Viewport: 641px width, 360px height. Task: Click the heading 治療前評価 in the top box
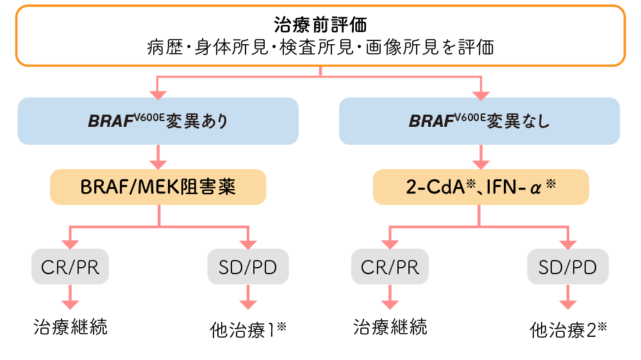coord(320,26)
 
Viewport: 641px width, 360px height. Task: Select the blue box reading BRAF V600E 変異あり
coord(158,120)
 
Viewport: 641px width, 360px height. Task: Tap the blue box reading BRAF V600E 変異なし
coord(479,120)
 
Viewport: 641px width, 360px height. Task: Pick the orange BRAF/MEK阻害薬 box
coord(158,186)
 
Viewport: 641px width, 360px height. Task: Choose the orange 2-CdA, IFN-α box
coord(481,186)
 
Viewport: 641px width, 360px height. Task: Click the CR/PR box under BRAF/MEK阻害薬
coord(70,266)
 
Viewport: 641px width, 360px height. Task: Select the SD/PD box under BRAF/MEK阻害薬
coord(247,266)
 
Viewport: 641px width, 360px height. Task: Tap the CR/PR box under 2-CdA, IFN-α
coord(390,266)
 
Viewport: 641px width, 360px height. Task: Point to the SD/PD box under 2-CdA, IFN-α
coord(567,266)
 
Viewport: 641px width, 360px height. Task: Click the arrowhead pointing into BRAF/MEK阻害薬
coord(158,163)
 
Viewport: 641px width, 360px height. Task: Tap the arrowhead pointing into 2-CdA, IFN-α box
coord(481,163)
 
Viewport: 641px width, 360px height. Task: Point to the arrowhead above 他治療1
coord(247,304)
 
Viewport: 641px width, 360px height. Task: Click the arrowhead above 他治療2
coord(567,304)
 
